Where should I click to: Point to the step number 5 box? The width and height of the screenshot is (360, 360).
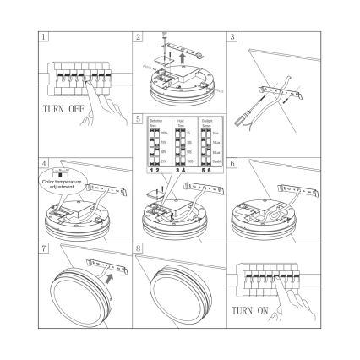click(x=137, y=120)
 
